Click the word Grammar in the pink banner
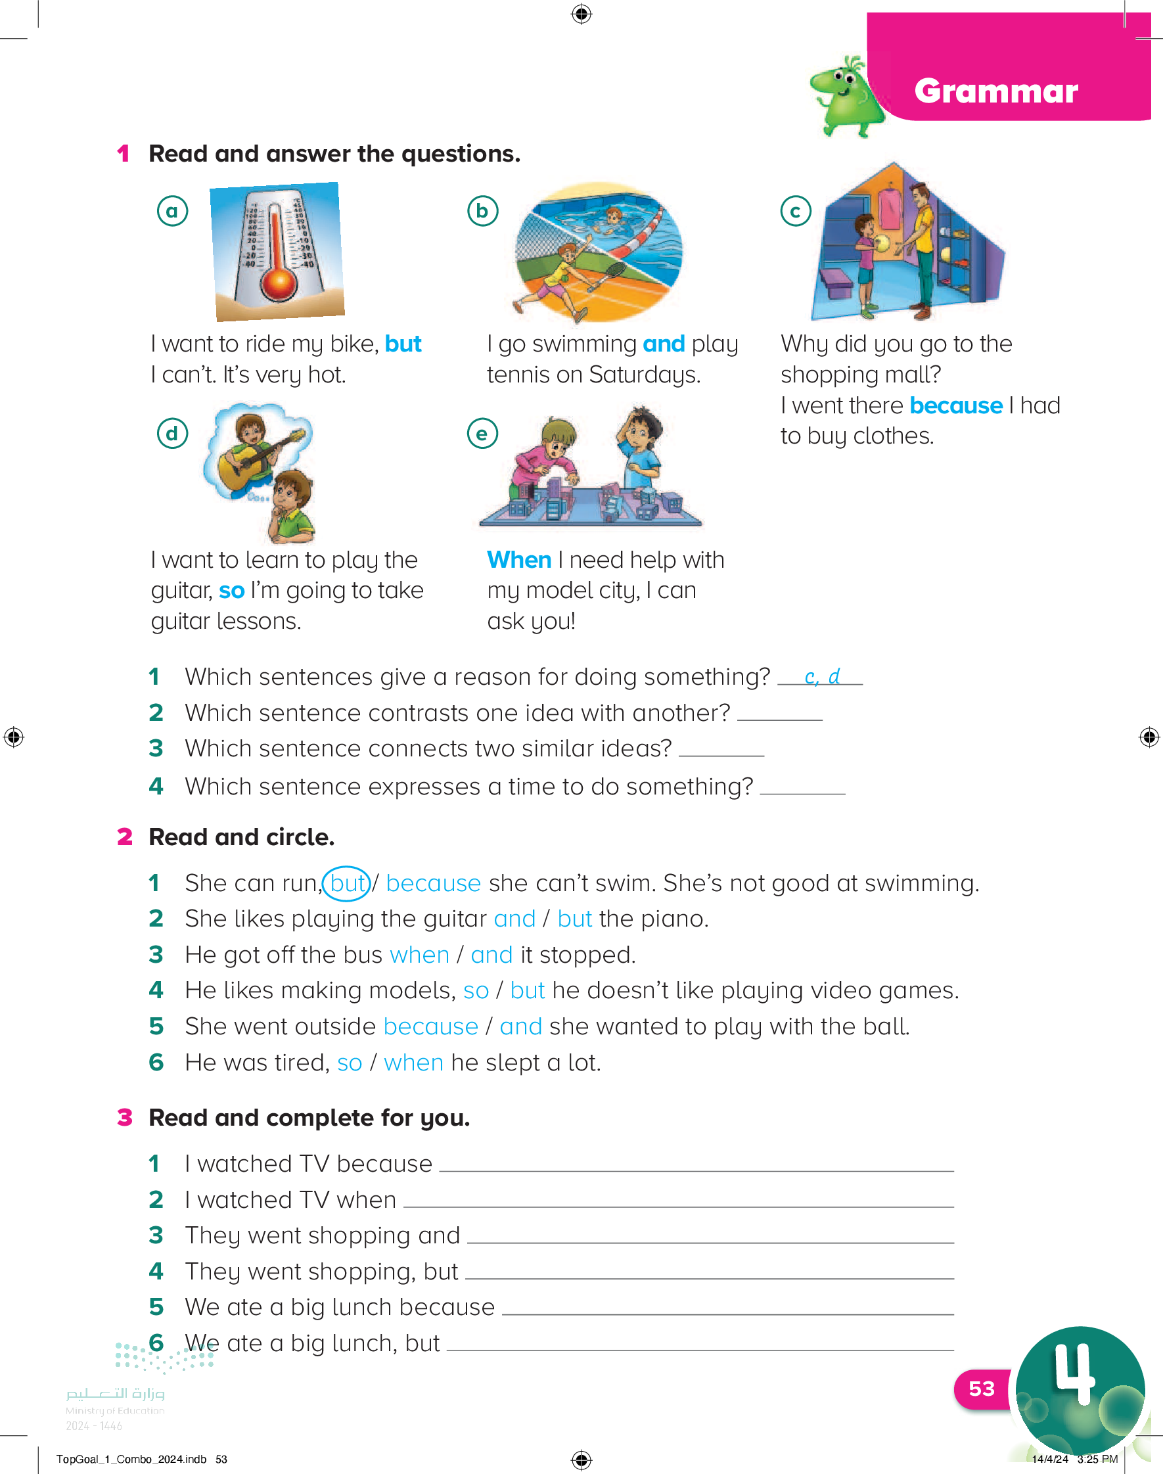pos(995,91)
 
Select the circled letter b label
pos(482,211)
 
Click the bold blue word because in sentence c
pos(955,405)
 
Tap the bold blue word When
pos(519,560)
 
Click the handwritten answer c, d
pos(821,677)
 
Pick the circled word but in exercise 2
pos(346,884)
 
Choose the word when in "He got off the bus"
pos(419,956)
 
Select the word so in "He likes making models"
pos(475,990)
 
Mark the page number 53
pos(981,1389)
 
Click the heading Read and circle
pos(242,837)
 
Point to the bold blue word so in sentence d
pos(231,590)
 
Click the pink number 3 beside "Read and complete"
pos(125,1118)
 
